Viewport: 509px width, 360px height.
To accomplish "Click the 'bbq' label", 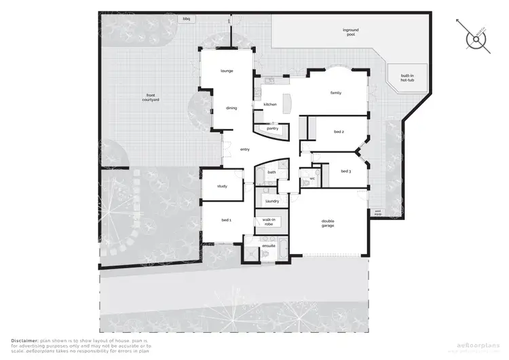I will click(x=186, y=19).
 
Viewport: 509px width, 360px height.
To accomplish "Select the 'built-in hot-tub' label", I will click(x=408, y=78).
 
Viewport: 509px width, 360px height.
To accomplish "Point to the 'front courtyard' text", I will click(x=150, y=97).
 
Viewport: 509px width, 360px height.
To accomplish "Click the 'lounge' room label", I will click(x=227, y=71).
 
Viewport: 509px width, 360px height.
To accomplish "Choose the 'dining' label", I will click(x=231, y=108).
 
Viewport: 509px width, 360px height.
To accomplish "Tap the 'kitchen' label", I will click(x=270, y=104).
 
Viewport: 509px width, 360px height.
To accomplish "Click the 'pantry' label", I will click(x=272, y=128).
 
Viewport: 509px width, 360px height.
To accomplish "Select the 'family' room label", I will click(x=335, y=92).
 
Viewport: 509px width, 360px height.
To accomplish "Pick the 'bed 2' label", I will click(x=339, y=132).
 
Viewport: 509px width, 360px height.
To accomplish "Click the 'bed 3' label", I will click(x=345, y=171).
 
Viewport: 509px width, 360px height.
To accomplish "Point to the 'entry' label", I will click(x=245, y=149).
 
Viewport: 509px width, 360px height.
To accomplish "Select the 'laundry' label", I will click(x=271, y=202).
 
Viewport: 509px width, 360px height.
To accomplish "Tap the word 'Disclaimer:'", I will click(x=24, y=338).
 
